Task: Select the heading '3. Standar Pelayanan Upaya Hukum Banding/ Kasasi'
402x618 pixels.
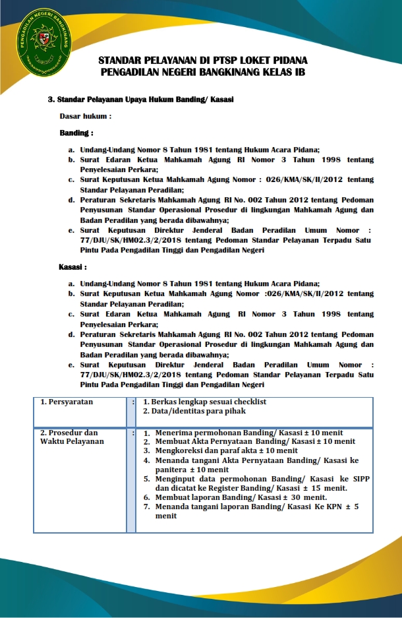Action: [141, 100]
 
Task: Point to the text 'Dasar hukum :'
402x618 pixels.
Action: [85, 116]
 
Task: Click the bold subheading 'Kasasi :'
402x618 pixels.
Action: [72, 268]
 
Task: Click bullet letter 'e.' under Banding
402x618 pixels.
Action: [71, 230]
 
